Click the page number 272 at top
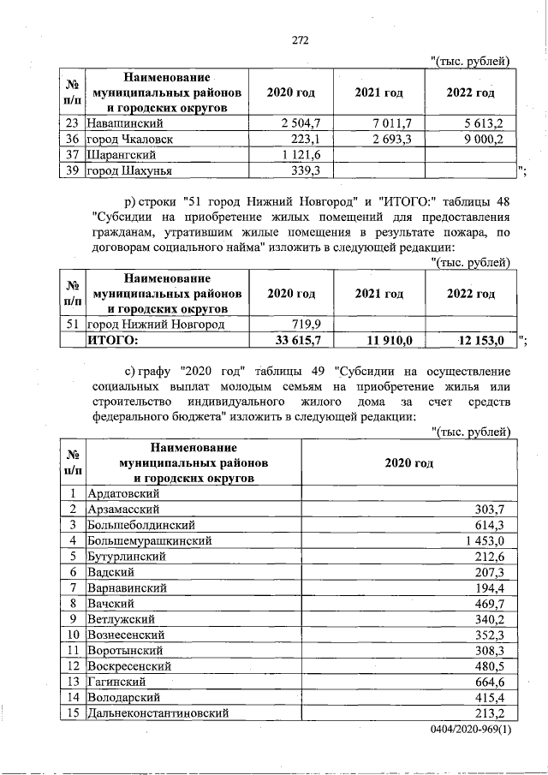point(300,40)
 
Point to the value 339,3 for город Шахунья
point(305,170)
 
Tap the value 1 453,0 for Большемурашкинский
point(489,540)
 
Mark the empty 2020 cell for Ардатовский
point(408,493)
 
